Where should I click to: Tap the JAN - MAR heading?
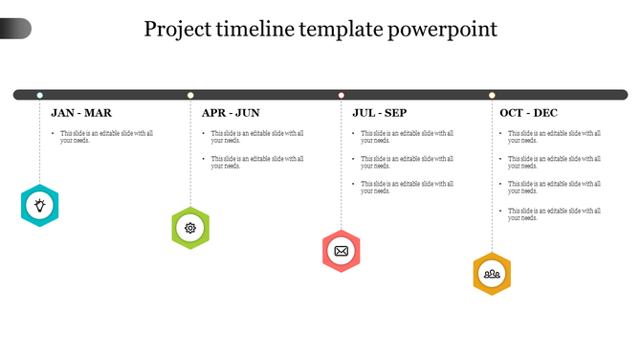[x=81, y=113]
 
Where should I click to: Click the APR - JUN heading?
[x=231, y=113]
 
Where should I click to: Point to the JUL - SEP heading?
[x=380, y=113]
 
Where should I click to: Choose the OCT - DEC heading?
[x=529, y=113]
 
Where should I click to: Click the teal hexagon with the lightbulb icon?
[x=39, y=204]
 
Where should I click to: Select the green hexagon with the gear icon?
[x=190, y=228]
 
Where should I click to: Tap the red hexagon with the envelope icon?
[x=341, y=251]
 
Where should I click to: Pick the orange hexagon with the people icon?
[x=492, y=274]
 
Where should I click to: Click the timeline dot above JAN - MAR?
[x=39, y=95]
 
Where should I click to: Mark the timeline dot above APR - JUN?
[x=190, y=95]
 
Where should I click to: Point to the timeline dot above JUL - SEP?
[x=341, y=95]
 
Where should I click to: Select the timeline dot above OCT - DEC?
[x=492, y=95]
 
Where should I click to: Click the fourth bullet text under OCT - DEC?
[x=554, y=214]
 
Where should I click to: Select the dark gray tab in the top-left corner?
[x=15, y=29]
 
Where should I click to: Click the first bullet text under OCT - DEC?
[x=554, y=137]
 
